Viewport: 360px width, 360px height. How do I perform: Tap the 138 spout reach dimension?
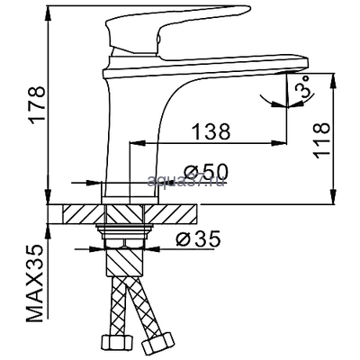(208, 130)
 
